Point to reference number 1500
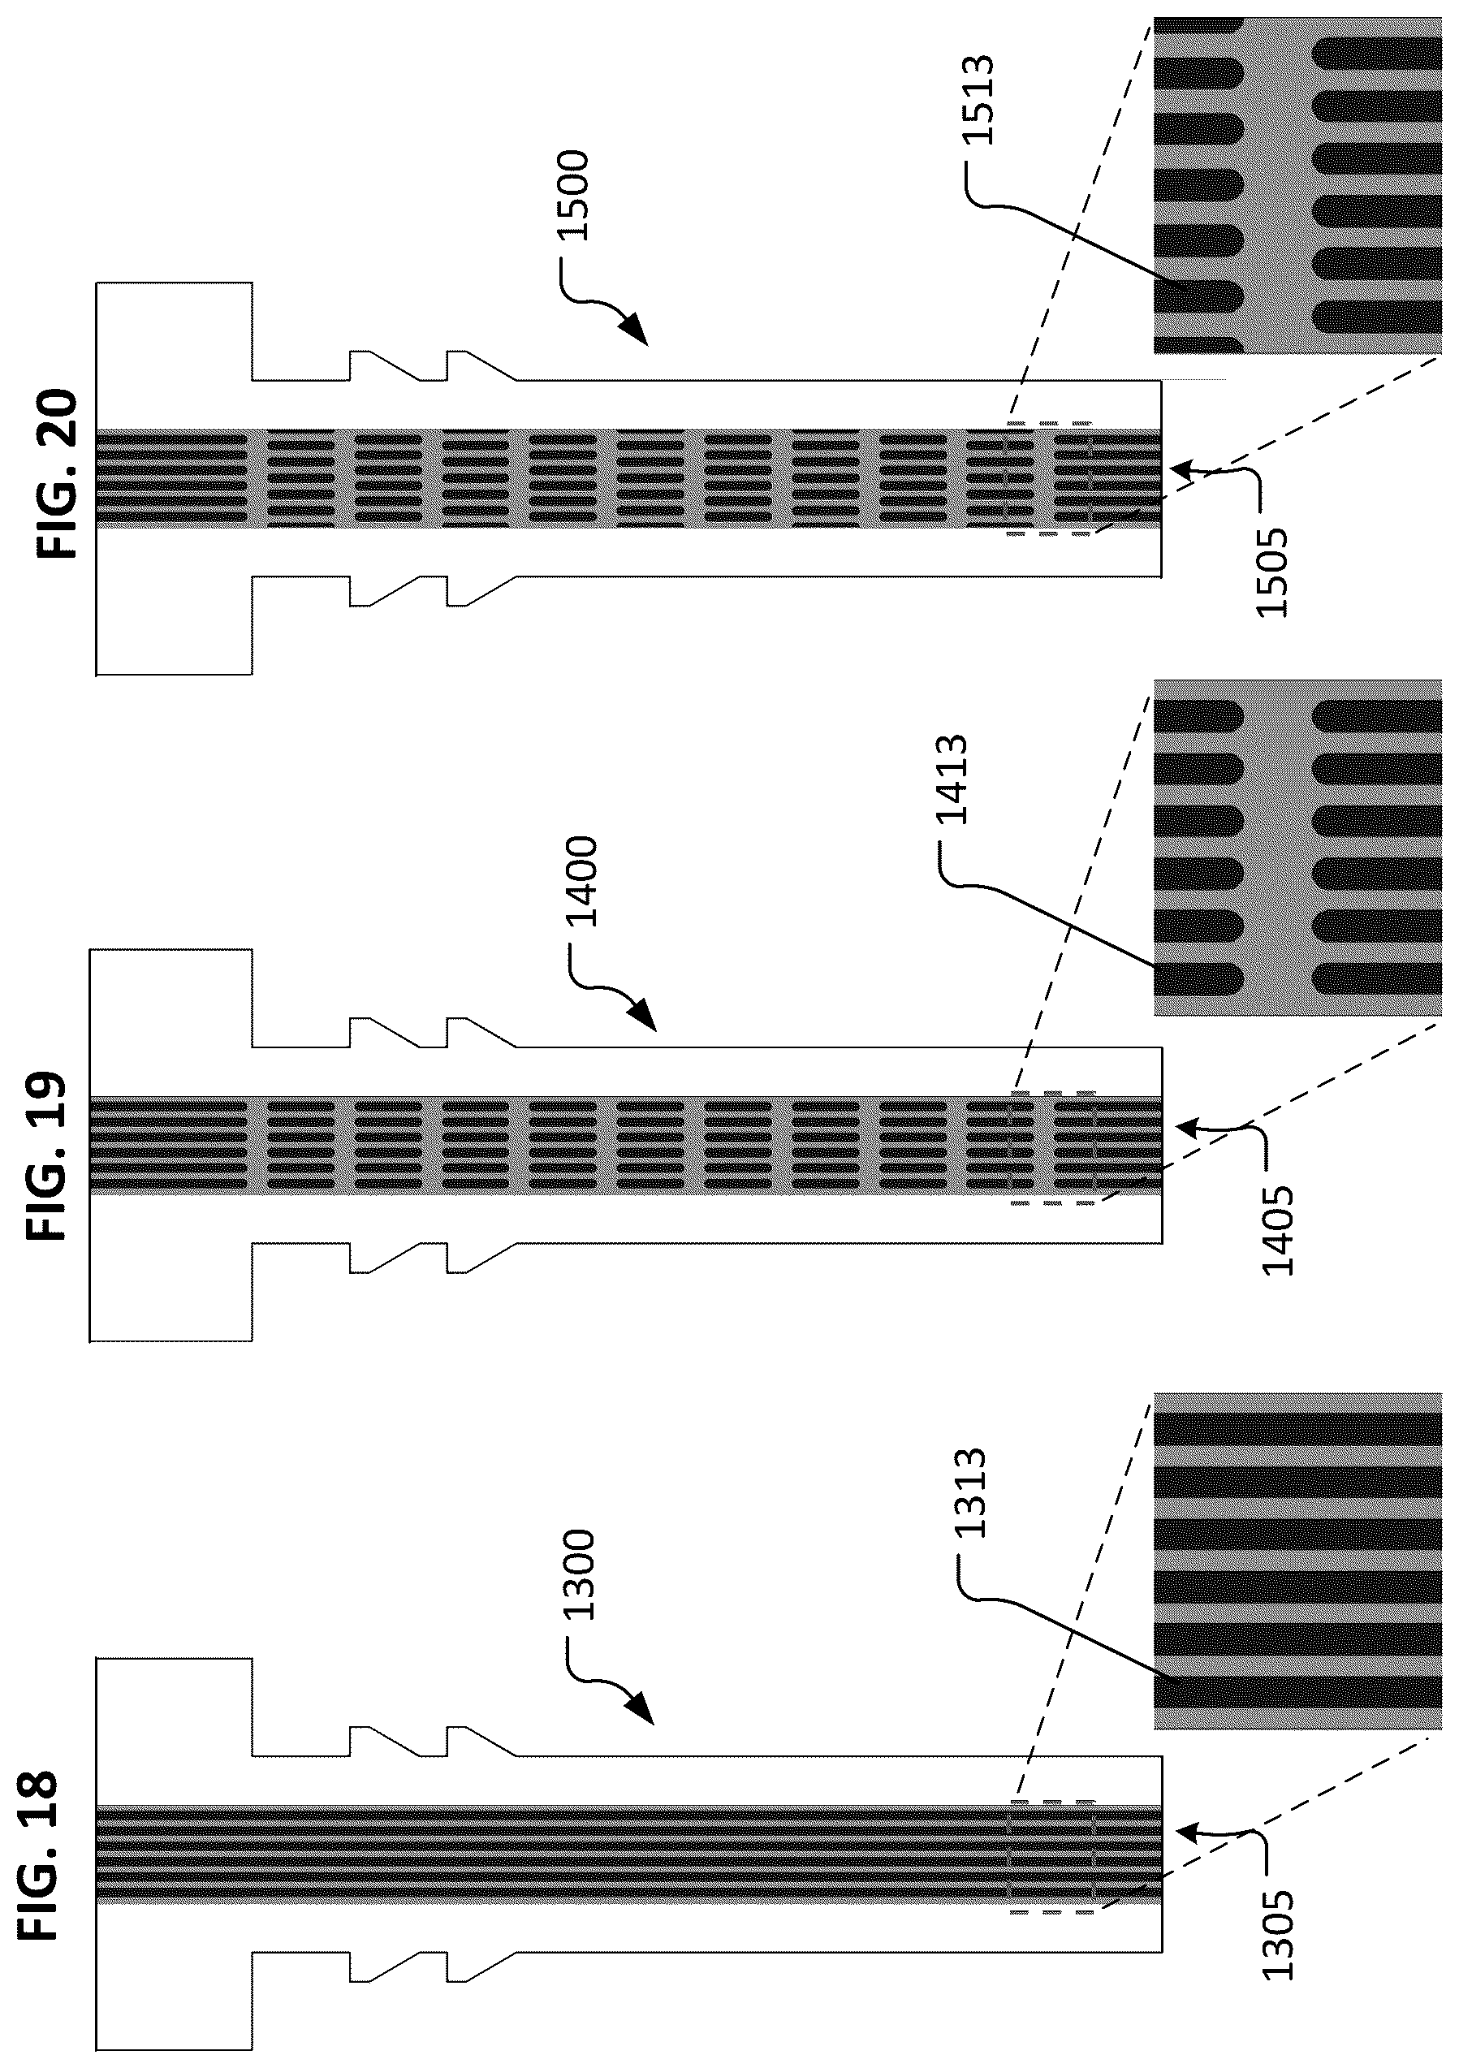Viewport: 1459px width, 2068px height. coord(572,196)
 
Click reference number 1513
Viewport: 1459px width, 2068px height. coord(975,99)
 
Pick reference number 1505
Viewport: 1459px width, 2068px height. coord(1271,572)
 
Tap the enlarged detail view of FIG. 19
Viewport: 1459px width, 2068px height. coord(1297,847)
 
